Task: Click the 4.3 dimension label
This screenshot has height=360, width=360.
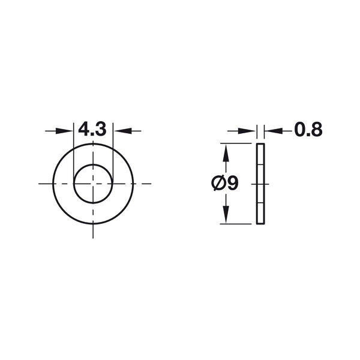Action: [92, 129]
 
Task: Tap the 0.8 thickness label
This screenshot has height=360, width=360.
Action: [308, 130]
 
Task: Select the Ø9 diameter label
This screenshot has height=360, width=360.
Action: [225, 183]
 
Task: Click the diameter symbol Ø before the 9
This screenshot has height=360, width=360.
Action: [218, 183]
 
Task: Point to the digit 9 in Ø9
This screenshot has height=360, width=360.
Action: [232, 183]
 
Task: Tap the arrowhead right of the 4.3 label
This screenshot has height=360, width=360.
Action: [122, 131]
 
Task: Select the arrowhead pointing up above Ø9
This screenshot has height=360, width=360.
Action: [226, 152]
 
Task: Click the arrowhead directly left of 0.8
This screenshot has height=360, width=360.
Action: [273, 131]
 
